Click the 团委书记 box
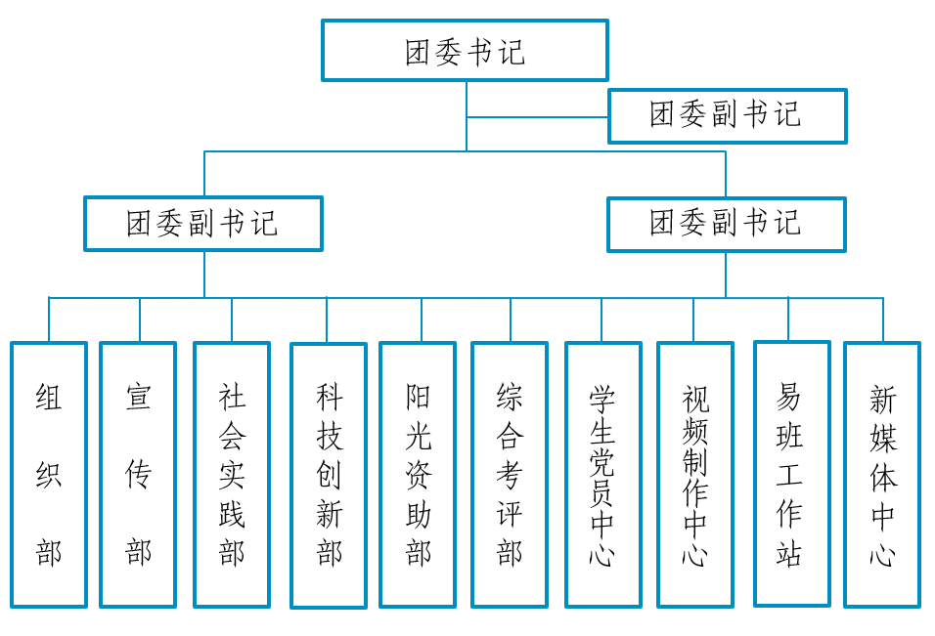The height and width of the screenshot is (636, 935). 465,51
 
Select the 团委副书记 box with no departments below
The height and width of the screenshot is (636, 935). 727,115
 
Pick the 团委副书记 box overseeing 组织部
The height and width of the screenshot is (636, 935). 203,224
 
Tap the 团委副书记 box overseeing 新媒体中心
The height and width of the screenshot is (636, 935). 726,224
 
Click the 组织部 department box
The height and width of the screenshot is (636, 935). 49,474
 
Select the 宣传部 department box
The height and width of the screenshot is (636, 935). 138,474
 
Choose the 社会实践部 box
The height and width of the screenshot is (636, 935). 232,474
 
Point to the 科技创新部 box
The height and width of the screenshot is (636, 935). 329,475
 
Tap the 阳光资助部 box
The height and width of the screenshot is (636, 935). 418,474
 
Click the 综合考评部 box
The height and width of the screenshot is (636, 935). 510,474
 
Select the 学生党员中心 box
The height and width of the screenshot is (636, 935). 602,474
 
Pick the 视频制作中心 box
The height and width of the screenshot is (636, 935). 694,474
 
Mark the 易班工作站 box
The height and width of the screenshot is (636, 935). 790,473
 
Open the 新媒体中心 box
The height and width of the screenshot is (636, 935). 882,474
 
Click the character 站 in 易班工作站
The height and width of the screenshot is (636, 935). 790,553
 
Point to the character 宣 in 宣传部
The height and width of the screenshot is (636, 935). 138,397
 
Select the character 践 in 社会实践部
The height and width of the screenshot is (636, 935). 232,514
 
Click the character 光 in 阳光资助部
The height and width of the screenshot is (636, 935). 418,436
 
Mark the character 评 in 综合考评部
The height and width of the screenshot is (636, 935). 510,514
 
